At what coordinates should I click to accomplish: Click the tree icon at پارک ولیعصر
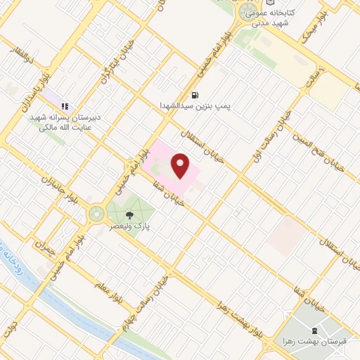tap(129, 215)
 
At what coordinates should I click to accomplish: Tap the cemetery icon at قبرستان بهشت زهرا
tap(314, 330)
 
